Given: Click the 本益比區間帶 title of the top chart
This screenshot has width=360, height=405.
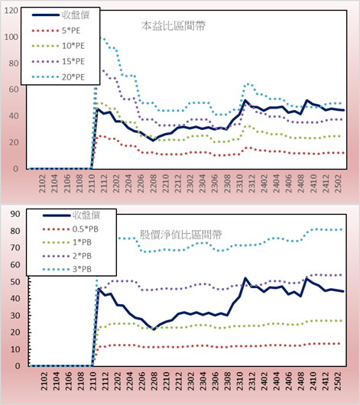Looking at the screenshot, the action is pos(174,26).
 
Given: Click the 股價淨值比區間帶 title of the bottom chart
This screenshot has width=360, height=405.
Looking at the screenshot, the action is pos(180,235).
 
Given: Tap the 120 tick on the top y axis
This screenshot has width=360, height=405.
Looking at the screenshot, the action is pos(11,11).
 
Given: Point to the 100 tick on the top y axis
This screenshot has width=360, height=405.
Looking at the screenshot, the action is pos(11,37).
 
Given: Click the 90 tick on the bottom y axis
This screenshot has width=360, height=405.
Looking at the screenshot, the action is pos(15,214).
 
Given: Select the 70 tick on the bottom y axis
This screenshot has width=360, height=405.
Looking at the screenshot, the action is pos(15,248).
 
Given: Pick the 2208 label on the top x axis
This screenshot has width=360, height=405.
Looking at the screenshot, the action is pos(154,183).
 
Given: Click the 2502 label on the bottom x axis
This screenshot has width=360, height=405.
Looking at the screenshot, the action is pos(338,381).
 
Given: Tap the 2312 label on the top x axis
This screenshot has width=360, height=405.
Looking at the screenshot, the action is pos(251,183).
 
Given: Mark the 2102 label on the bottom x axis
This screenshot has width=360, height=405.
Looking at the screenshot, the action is pos(44,381).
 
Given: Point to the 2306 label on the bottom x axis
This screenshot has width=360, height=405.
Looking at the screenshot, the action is pos(215,381).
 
